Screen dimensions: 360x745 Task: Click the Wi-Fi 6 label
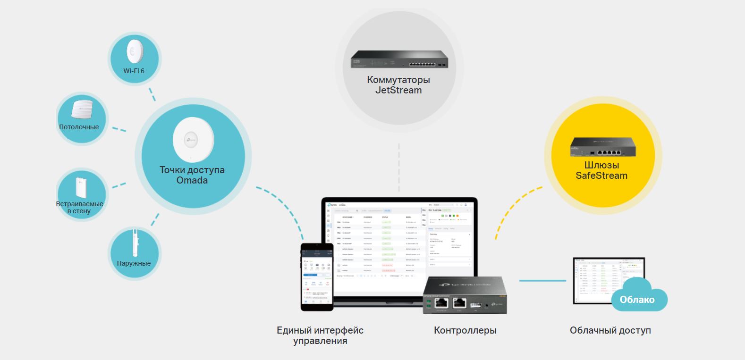pos(134,71)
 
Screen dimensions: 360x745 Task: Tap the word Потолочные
pos(79,127)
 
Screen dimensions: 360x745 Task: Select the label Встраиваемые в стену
pos(79,207)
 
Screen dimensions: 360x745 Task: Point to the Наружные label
pos(134,263)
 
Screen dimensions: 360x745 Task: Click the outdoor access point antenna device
pos(135,243)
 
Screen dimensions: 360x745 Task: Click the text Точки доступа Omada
pos(192,175)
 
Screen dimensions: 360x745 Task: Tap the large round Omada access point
pos(193,140)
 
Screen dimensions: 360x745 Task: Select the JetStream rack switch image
pos(399,59)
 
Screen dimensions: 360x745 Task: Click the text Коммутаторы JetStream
pos(398,85)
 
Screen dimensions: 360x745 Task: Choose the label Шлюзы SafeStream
pos(601,170)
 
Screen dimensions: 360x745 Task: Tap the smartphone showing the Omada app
pos(317,277)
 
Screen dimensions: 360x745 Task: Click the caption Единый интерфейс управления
pos(320,335)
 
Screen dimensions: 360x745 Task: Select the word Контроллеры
pos(465,330)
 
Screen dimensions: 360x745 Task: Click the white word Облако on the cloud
pos(637,300)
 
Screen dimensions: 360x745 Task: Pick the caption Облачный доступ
pos(610,330)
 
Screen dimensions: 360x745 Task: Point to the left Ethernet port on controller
pos(441,303)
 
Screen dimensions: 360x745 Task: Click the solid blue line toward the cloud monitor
pos(542,281)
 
